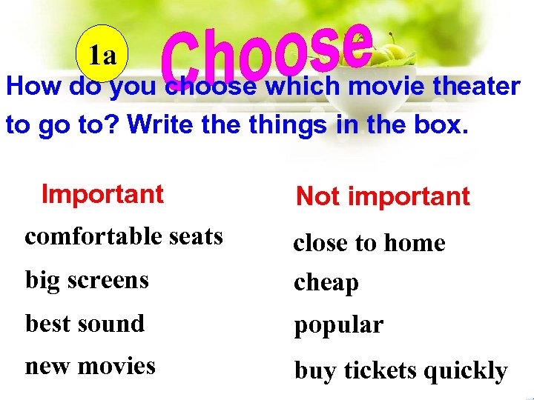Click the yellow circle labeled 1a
(x=103, y=55)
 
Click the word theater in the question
(x=476, y=87)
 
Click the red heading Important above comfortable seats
(x=102, y=194)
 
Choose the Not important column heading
(x=383, y=196)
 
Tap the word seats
(x=195, y=237)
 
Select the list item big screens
(x=87, y=281)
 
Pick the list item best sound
(x=85, y=324)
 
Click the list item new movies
(x=90, y=366)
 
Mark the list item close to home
(x=369, y=243)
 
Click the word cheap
(x=326, y=284)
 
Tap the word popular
(x=338, y=327)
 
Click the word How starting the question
(x=34, y=87)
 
